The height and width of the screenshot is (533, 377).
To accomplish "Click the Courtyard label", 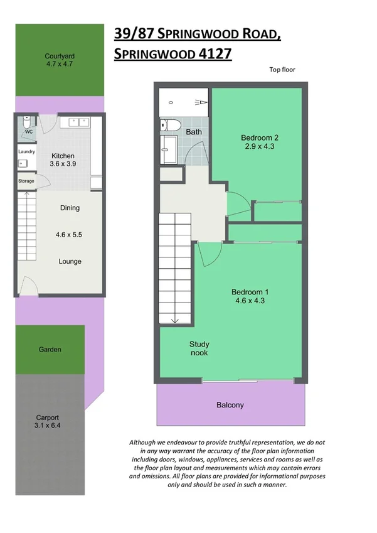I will (59, 56).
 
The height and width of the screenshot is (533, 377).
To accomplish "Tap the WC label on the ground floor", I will (28, 132).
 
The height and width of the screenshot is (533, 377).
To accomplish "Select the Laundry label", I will (26, 151).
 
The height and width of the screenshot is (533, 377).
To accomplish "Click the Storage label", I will (26, 181).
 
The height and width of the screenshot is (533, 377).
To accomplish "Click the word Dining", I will (70, 208).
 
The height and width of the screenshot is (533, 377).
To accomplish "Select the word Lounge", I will (70, 261).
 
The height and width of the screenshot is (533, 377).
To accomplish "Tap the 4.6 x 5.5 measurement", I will (69, 235).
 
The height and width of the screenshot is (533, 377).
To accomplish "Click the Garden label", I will (50, 349).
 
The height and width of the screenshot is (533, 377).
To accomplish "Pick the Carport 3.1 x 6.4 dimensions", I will (48, 421).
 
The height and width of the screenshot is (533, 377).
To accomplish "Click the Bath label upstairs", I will (194, 132).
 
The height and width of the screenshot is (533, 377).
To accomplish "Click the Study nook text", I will (199, 348).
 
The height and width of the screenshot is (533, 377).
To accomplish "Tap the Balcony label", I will (230, 405).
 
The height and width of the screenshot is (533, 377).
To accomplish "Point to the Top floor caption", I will (282, 70).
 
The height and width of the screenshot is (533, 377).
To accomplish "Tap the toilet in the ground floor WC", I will (27, 121).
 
